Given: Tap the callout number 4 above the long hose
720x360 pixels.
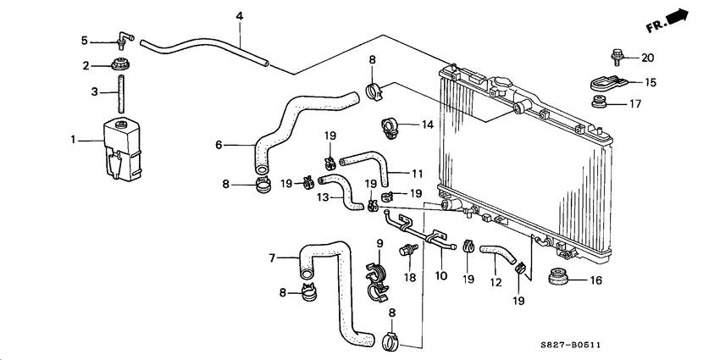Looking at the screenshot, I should click(240, 16).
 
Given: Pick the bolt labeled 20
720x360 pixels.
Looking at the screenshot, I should click(618, 58).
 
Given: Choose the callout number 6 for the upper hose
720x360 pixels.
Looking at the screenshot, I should click(219, 145).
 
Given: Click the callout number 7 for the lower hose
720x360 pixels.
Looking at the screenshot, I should click(273, 258).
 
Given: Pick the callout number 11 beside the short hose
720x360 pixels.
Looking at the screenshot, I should click(416, 173).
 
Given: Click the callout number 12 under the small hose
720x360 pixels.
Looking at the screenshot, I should click(496, 275).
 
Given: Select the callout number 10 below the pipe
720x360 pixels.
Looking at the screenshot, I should click(440, 275).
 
